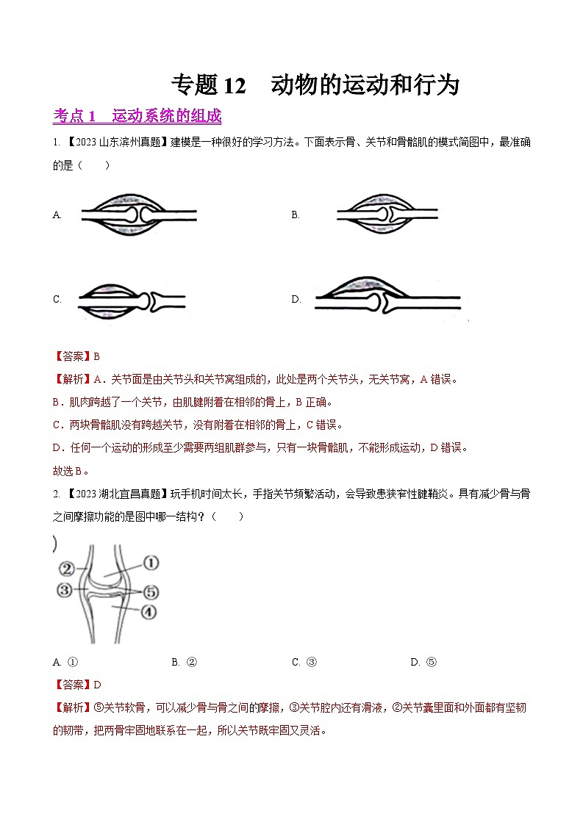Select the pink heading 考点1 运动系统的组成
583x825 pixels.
137,116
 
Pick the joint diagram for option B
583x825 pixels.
387,215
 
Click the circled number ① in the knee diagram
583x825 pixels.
150,563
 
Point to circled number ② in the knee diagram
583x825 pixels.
67,568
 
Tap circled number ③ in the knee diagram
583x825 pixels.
65,589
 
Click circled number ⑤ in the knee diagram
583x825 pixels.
151,591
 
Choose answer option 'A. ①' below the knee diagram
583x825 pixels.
65,662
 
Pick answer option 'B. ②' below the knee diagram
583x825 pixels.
185,662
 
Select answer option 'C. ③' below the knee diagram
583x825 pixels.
304,662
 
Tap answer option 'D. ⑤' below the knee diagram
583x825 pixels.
423,662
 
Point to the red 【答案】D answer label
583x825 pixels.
77,685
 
